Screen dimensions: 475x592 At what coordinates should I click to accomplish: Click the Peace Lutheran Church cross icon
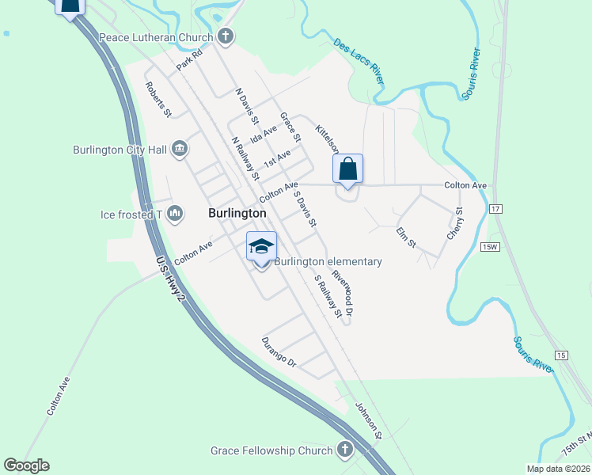pos(226,36)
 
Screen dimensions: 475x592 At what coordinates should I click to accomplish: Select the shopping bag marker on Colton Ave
pos(347,169)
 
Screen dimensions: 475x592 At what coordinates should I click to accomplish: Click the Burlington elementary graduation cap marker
pos(261,247)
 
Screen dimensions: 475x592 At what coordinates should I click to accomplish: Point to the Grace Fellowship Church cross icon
pos(344,450)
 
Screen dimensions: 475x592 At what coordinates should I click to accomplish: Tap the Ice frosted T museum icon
pos(175,214)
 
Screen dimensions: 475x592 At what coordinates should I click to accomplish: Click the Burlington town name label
pos(237,214)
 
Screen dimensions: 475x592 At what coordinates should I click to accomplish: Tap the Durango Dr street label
pos(279,353)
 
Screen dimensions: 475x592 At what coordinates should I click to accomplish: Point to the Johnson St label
pos(368,420)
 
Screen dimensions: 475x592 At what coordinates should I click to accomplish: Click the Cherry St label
pos(454,224)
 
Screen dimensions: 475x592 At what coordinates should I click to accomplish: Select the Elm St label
pos(406,237)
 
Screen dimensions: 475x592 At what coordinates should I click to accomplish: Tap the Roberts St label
pos(157,100)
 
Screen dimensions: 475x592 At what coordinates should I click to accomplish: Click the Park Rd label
pos(190,61)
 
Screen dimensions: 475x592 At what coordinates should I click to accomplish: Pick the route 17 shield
pos(495,208)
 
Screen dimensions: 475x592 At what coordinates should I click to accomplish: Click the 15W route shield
pos(490,247)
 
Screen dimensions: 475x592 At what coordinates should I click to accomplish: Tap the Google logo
pos(26,465)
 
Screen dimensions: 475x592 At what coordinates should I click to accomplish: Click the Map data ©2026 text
pos(557,469)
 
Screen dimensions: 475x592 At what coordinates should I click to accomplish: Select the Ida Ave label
pos(263,134)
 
